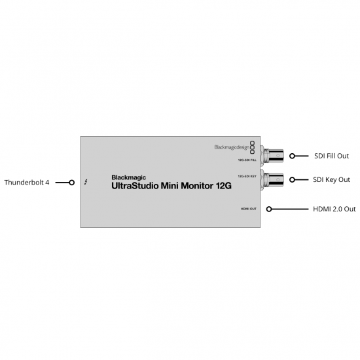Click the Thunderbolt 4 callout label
coord(27,183)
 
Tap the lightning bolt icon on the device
coord(86,182)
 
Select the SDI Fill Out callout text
coord(331,156)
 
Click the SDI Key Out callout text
coord(331,179)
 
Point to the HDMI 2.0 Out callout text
coord(334,209)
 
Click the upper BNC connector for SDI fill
coord(273,155)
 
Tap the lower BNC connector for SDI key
coord(273,179)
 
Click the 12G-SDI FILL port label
coord(247,160)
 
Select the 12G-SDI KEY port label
coord(247,176)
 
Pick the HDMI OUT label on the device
coord(249,209)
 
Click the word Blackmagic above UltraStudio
coord(128,177)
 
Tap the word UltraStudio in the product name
coord(135,186)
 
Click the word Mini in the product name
coord(170,186)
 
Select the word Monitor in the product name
coord(197,186)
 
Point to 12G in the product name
coord(223,186)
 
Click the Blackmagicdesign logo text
coord(232,147)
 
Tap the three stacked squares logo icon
coord(252,147)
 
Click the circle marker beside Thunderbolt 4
coord(71,183)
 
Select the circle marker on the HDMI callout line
coord(269,209)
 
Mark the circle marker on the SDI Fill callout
coord(292,156)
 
